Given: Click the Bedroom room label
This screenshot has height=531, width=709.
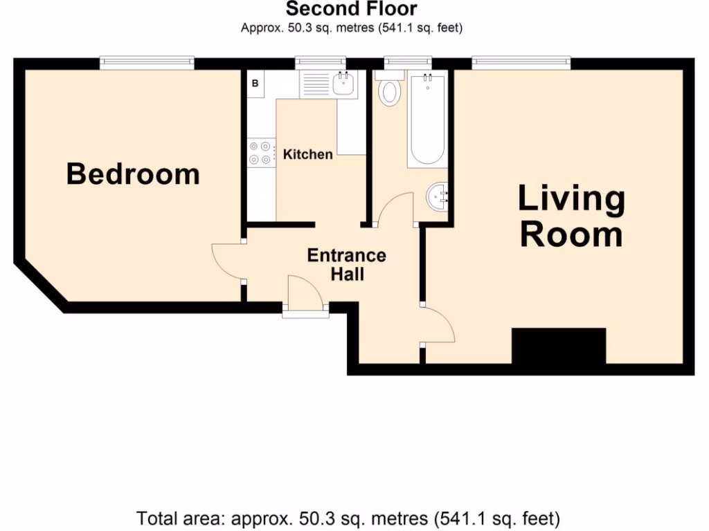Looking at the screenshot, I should click(x=133, y=174).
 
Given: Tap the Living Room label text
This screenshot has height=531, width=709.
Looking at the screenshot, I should click(x=571, y=216).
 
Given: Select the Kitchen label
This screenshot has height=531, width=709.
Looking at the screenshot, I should click(x=307, y=154).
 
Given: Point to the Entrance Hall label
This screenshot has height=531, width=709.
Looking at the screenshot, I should click(x=346, y=264).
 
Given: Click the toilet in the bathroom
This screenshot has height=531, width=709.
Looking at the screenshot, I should click(x=390, y=91).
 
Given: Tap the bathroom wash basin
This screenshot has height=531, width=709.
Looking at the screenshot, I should click(x=438, y=197).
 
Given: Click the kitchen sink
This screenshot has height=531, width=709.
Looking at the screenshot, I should click(x=343, y=84).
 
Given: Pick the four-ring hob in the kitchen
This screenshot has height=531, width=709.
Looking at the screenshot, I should click(x=260, y=153).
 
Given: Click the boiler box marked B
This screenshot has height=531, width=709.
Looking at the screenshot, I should click(x=255, y=84).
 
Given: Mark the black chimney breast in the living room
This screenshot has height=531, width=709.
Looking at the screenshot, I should click(x=558, y=346).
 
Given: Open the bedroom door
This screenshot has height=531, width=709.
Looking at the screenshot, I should click(x=227, y=261).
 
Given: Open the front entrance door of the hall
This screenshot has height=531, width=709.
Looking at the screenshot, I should click(x=305, y=293).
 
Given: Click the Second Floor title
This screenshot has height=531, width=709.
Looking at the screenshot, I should click(x=352, y=9).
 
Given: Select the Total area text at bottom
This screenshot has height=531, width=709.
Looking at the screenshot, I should click(x=348, y=518).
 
